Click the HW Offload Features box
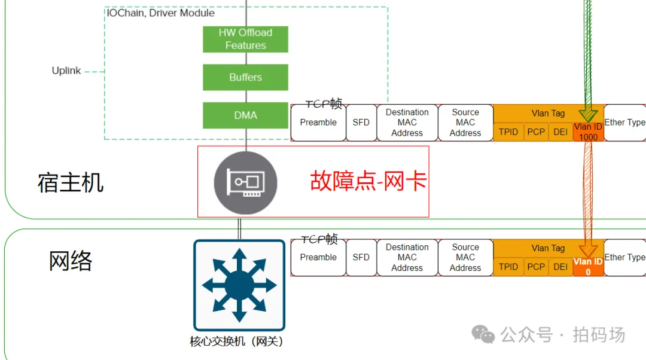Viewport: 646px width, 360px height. [246, 39]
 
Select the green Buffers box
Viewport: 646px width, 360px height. [246, 77]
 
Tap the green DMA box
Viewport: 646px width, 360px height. [246, 115]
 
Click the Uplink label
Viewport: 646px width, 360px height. [66, 71]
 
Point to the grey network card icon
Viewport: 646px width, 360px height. [246, 182]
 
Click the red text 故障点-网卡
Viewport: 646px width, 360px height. [368, 181]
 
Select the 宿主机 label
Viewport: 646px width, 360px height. [71, 182]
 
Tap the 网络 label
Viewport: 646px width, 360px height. [71, 261]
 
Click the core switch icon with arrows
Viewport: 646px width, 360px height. [239, 285]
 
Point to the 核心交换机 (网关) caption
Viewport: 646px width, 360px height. [236, 341]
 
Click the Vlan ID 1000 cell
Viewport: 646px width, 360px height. [589, 132]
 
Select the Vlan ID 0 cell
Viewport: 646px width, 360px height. [589, 267]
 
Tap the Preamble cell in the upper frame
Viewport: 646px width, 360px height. [318, 123]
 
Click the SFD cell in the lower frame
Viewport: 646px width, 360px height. [361, 257]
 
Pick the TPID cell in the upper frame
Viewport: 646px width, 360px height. [508, 132]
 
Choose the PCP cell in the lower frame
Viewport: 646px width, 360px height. [536, 267]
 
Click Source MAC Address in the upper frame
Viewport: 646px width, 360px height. [465, 123]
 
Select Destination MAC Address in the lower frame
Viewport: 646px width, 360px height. [407, 257]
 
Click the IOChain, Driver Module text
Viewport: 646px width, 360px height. [161, 13]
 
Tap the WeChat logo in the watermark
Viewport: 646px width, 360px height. [483, 334]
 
